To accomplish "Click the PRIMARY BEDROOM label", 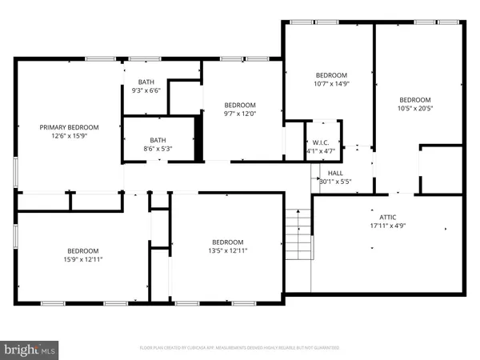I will (x=70, y=127).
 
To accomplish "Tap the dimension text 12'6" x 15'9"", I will (x=70, y=136).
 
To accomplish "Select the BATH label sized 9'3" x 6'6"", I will (x=146, y=82).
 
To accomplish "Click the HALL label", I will (x=335, y=172).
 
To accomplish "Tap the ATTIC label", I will (x=388, y=216).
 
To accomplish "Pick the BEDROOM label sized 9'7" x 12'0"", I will (x=239, y=106).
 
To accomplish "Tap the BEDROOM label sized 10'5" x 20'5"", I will (x=415, y=100).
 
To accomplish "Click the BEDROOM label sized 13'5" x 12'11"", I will (x=227, y=242).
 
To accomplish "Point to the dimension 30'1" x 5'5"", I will (x=335, y=181).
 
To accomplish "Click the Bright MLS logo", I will (x=30, y=350).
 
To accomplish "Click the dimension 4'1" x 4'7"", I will (x=323, y=150).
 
